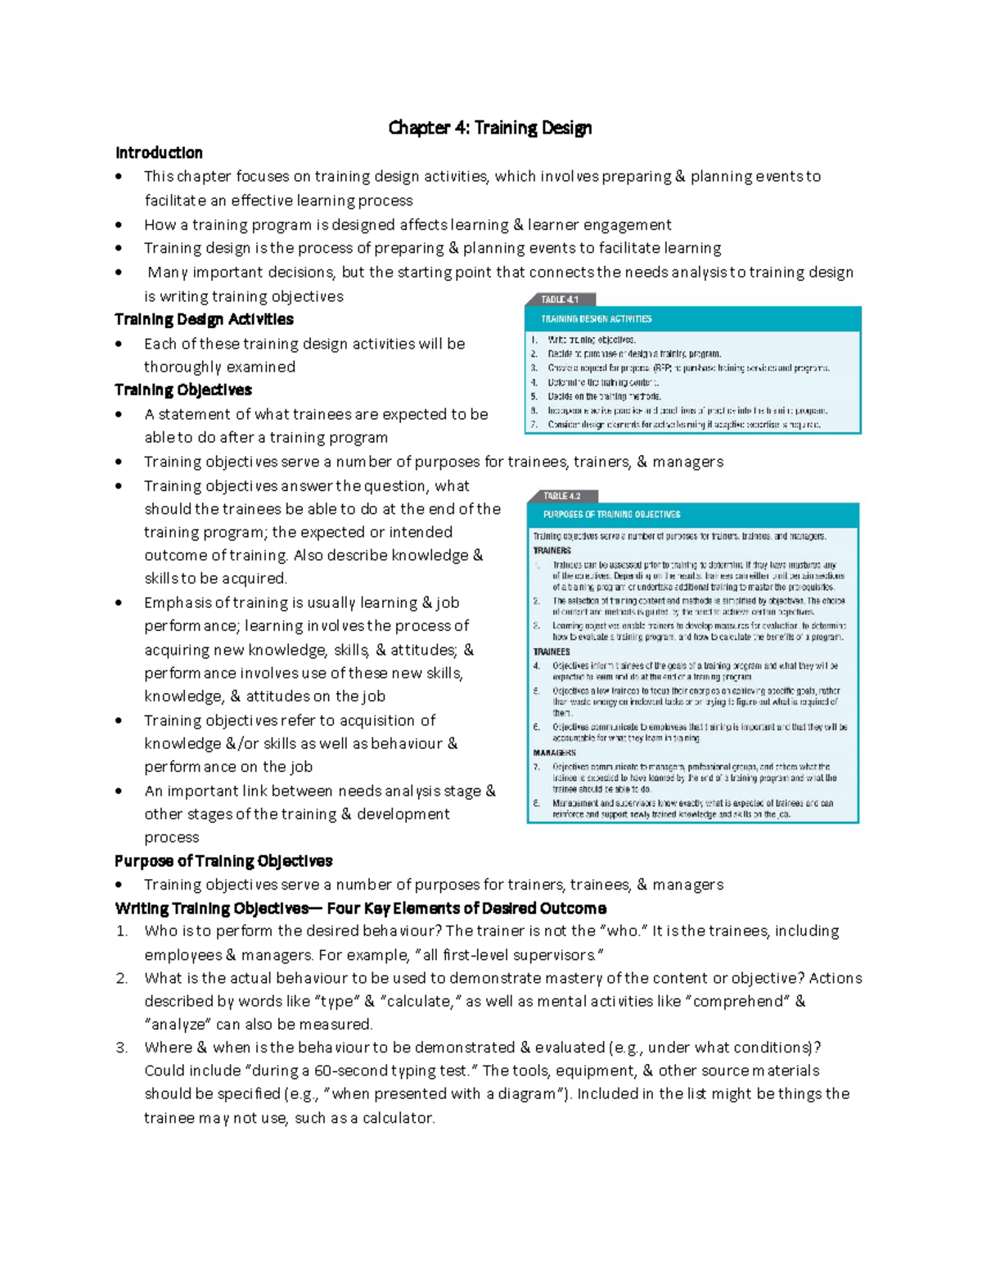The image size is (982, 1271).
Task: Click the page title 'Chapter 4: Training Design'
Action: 489,128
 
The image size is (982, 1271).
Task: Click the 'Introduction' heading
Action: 159,153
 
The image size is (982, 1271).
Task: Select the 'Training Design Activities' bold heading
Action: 204,319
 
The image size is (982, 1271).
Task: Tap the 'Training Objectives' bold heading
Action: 182,390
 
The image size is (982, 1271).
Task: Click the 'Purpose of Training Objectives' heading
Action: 223,861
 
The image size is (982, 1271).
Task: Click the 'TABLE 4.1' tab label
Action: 560,300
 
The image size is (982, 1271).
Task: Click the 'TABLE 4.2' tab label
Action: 562,496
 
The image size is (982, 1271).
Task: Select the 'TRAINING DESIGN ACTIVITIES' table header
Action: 597,319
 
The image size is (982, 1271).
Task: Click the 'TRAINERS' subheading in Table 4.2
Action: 552,551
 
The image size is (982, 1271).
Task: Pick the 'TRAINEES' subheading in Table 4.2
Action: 552,652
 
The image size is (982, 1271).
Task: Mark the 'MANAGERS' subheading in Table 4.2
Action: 555,753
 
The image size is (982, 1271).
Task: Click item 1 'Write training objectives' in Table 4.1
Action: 591,340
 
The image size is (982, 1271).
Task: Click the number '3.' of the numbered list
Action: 122,1048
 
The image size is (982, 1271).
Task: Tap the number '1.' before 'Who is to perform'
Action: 122,931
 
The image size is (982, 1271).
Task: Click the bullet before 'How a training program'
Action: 119,225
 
